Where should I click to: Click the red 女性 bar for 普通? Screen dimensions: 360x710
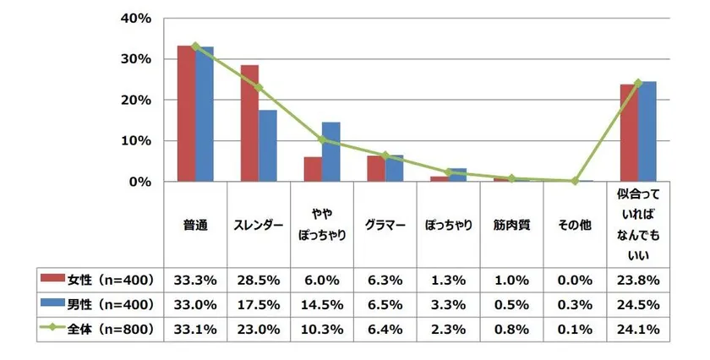click(x=186, y=114)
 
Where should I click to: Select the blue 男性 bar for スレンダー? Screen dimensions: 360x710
click(x=268, y=145)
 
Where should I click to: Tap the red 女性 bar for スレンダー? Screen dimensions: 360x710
click(x=249, y=123)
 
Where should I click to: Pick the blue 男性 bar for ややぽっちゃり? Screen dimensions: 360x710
click(x=331, y=152)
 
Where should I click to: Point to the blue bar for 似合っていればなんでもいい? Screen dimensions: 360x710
click(x=647, y=132)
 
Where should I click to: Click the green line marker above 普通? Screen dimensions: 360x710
click(x=195, y=46)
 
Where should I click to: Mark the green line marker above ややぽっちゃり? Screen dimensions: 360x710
click(x=322, y=139)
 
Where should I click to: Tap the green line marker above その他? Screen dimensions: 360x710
click(x=575, y=181)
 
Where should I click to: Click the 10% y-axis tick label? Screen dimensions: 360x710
click(x=136, y=140)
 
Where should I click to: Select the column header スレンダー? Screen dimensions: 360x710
click(x=259, y=226)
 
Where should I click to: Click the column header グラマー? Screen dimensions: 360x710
click(x=385, y=226)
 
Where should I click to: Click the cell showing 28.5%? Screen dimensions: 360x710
click(x=259, y=278)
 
